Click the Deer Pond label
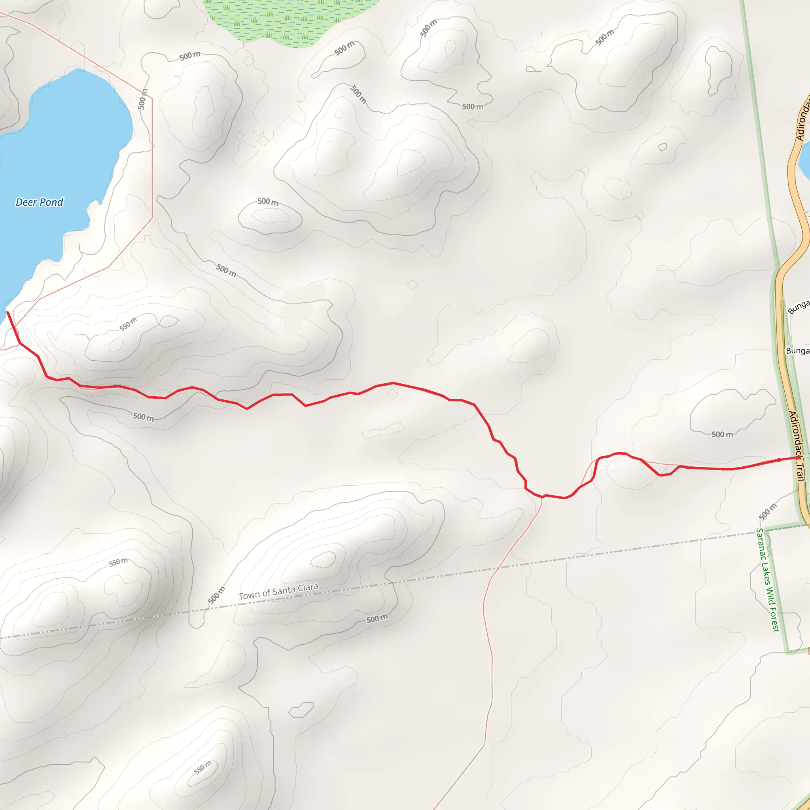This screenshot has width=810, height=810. click(x=40, y=202)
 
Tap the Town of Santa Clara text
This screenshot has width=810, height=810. click(x=278, y=591)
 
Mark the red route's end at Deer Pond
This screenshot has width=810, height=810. click(x=8, y=313)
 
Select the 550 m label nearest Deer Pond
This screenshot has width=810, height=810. click(x=128, y=324)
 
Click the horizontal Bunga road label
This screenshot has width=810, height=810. click(x=797, y=351)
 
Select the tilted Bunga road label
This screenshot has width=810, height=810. click(x=798, y=307)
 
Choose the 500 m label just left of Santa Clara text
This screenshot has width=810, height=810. click(x=216, y=596)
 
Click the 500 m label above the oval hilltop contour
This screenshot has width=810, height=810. click(x=267, y=202)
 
